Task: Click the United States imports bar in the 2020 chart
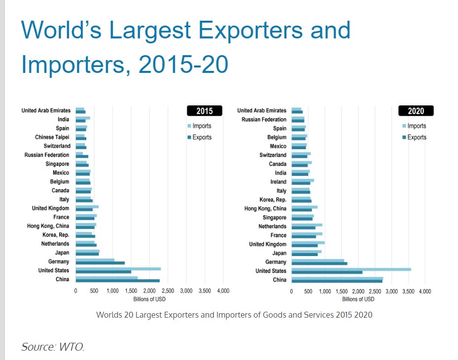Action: pos(351,269)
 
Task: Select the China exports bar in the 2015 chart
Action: pos(117,281)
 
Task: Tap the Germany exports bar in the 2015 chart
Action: pos(100,263)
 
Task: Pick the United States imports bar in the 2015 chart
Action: pos(118,269)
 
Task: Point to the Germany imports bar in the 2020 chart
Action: pos(317,260)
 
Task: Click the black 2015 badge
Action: pos(205,111)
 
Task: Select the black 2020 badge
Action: pos(416,111)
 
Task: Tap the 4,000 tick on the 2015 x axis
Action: pos(223,291)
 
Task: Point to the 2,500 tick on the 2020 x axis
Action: pos(375,292)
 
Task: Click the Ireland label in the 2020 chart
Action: pos(278,182)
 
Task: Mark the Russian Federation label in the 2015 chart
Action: pos(47,155)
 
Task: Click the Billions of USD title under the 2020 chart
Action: pos(358,299)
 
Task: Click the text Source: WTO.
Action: pos(53,347)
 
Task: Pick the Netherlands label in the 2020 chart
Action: pos(272,227)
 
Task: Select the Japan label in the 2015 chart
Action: pos(62,253)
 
